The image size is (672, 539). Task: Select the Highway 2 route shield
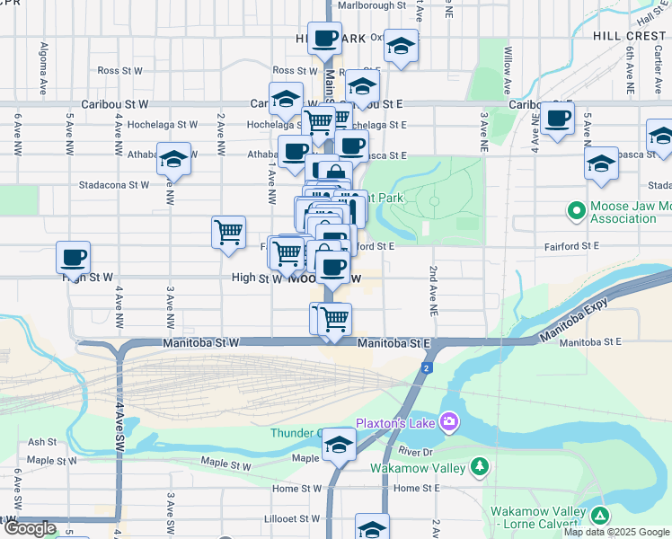(426, 368)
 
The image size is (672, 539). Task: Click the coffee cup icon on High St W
(73, 257)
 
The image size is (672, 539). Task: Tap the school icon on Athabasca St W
(173, 159)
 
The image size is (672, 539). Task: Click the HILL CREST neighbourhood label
(629, 37)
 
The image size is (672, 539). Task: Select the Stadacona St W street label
(113, 185)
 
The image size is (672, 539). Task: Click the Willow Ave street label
(508, 72)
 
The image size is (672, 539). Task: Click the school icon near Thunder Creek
(339, 445)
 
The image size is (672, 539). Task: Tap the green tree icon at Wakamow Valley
(480, 465)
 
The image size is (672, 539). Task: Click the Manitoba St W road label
(201, 343)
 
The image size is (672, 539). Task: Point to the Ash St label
(41, 442)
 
